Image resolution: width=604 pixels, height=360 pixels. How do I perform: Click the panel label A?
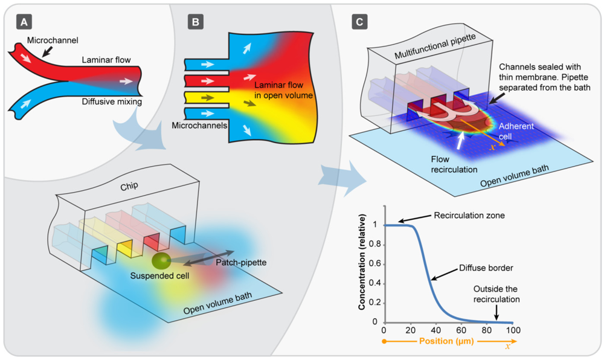24,22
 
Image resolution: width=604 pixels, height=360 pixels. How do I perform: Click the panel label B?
196,22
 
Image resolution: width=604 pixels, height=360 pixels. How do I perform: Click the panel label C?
359,22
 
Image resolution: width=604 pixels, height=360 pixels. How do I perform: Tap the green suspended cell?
161,261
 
